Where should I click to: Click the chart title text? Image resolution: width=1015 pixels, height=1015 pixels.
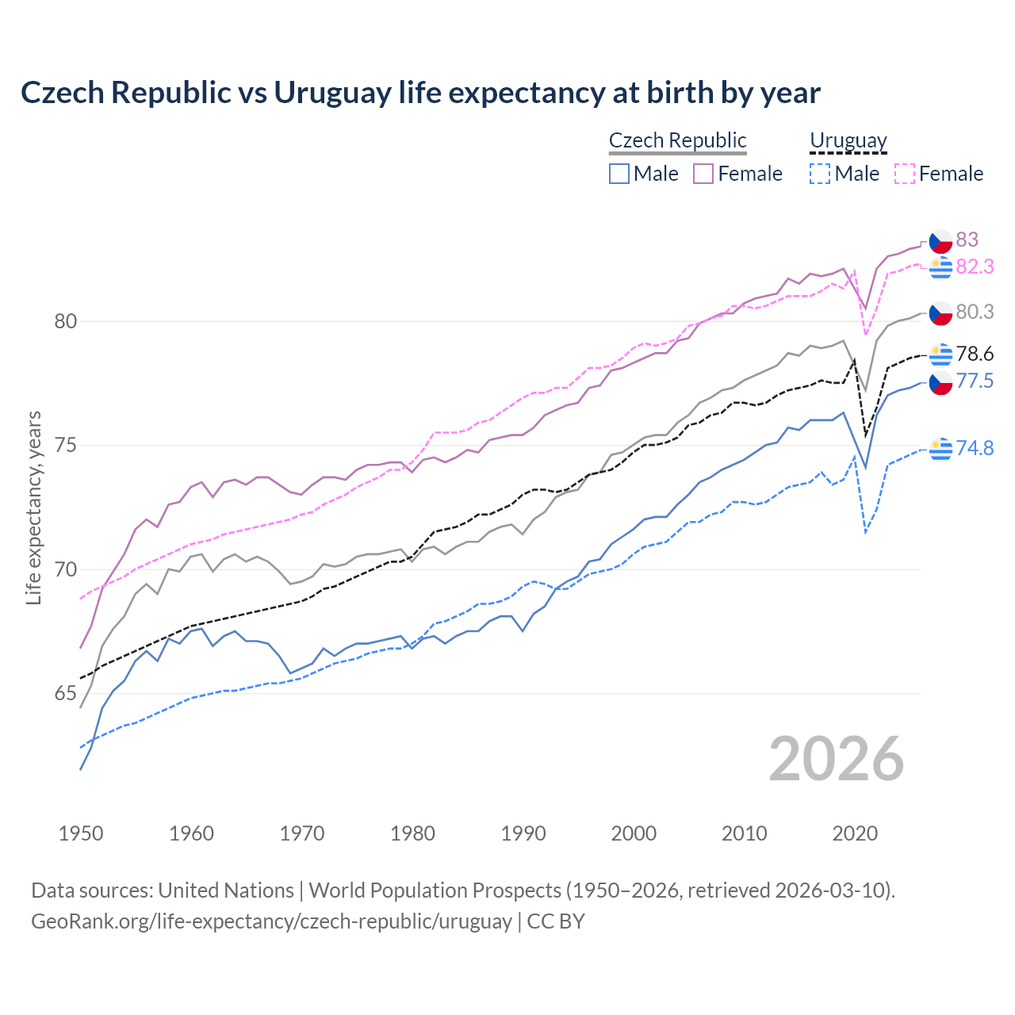click(x=420, y=93)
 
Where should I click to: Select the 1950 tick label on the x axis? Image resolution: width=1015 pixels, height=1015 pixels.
click(x=81, y=833)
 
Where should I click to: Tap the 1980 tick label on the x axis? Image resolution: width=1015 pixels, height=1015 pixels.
click(x=412, y=833)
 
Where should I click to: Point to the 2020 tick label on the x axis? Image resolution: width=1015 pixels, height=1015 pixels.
click(x=855, y=833)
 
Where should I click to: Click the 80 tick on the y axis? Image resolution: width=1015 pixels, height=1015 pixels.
click(x=66, y=321)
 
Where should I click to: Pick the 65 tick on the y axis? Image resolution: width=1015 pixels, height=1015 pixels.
click(x=66, y=694)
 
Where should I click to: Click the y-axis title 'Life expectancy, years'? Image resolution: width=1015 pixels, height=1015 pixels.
click(x=33, y=507)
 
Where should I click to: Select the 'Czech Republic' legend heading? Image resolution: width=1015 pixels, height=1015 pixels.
click(x=677, y=140)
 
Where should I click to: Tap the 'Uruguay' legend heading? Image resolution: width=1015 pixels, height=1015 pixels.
click(x=848, y=140)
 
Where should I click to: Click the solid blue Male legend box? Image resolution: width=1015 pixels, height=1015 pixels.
click(x=619, y=174)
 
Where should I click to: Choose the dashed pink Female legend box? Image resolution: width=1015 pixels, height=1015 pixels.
click(x=905, y=174)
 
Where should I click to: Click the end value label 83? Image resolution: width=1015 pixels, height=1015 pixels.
click(x=967, y=239)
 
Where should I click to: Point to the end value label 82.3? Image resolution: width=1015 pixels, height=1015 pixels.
click(x=975, y=267)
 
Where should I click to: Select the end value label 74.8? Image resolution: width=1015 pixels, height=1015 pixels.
click(x=975, y=448)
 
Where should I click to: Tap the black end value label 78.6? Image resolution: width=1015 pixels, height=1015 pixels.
click(x=975, y=354)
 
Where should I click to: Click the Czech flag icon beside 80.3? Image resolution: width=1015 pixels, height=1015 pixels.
click(x=940, y=313)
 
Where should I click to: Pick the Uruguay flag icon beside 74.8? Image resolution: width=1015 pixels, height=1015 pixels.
click(x=940, y=449)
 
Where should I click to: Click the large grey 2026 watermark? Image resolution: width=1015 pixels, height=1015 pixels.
click(x=836, y=759)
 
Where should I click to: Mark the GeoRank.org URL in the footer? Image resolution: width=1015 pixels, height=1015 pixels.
click(x=271, y=921)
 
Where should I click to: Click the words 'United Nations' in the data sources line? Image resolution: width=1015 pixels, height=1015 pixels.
click(x=226, y=891)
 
